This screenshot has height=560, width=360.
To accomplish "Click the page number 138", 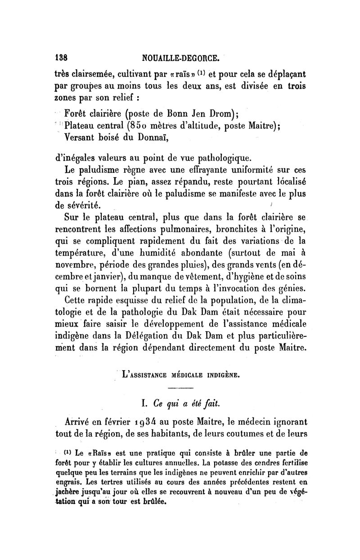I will coord(61,58).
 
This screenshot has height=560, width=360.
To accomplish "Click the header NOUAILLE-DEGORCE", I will coord(180,58).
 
